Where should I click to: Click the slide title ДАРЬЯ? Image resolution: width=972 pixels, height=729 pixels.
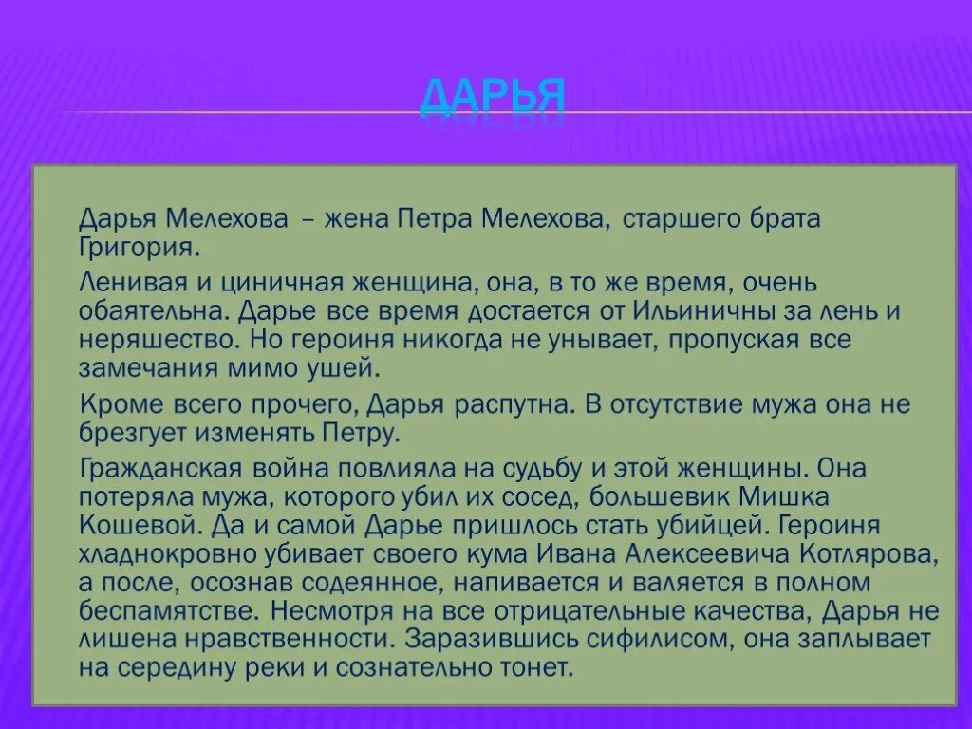tap(493, 97)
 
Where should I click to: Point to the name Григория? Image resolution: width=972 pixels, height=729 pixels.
tap(140, 249)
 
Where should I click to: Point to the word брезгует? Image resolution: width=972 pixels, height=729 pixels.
tap(139, 435)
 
